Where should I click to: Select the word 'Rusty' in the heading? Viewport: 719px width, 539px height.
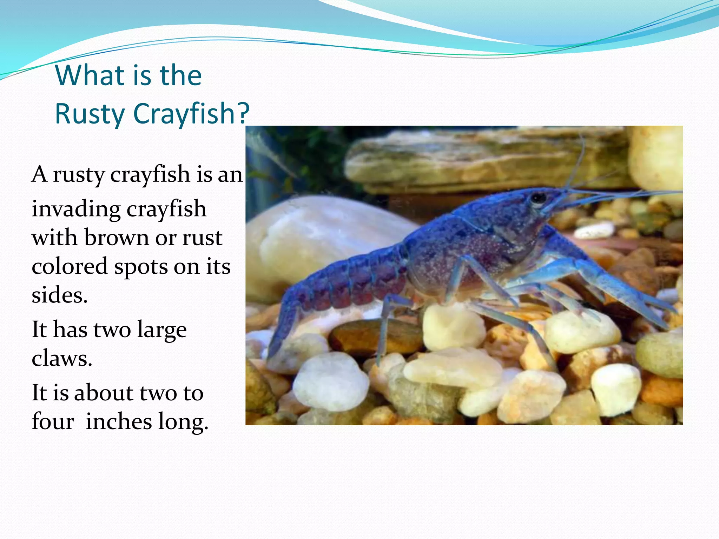point(90,114)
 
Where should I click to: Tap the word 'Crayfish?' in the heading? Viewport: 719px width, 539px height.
point(191,114)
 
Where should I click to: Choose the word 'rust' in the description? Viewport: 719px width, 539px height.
point(202,238)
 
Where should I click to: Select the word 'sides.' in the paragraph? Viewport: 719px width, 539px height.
point(59,295)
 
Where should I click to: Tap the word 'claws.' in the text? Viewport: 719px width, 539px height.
point(62,359)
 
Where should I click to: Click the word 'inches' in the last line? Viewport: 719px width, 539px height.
point(118,421)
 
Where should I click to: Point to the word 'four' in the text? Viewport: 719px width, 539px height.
point(53,421)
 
